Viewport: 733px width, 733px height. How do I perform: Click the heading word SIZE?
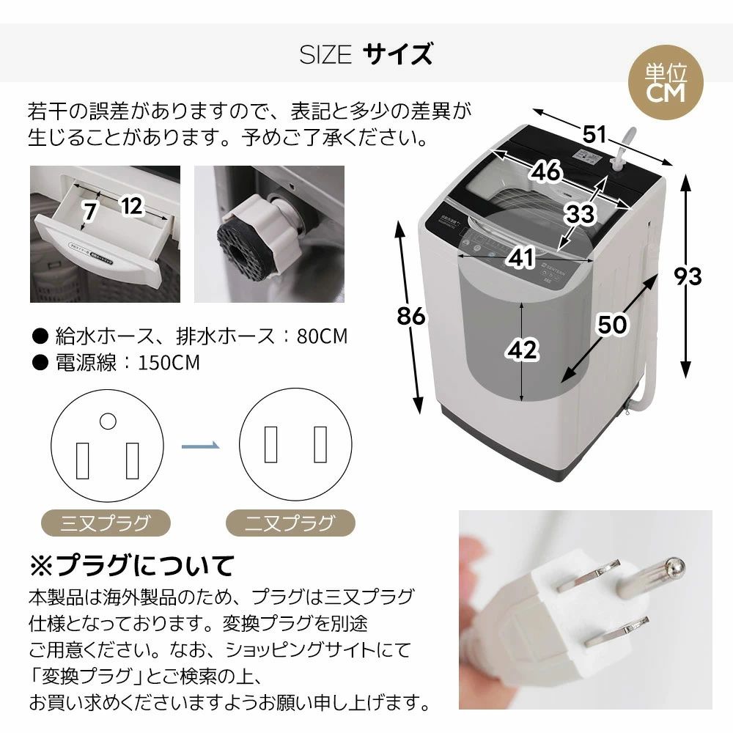[x=325, y=55]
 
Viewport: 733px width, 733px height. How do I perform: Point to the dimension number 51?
[x=596, y=134]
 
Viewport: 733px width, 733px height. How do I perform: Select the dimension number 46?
[x=546, y=171]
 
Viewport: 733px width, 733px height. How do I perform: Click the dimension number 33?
[x=579, y=214]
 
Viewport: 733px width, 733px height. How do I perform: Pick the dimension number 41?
[x=521, y=257]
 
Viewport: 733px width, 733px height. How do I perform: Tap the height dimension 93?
[x=688, y=276]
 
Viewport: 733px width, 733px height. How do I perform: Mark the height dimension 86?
[x=411, y=315]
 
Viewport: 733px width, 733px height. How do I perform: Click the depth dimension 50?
[x=611, y=323]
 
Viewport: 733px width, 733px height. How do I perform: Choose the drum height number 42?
[x=523, y=350]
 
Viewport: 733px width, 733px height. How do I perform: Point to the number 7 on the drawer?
[x=89, y=213]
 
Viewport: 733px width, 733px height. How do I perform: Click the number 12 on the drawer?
[x=131, y=207]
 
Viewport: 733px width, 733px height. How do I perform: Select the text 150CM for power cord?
[x=167, y=363]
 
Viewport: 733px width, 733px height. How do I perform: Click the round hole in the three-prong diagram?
[x=108, y=421]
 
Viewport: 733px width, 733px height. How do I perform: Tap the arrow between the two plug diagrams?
[x=200, y=446]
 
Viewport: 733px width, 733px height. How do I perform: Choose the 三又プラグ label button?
[x=106, y=523]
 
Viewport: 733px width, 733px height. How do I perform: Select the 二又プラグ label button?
[x=290, y=523]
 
